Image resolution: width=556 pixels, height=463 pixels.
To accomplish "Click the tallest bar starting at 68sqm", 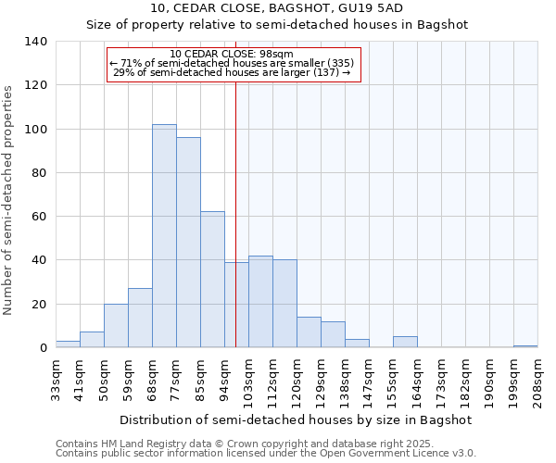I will point(164,236).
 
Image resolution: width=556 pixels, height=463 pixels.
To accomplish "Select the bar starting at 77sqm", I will point(188,243).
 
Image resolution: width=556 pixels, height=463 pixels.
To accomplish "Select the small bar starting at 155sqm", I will point(405,342).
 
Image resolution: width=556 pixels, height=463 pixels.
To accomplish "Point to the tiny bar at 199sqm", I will point(525,346).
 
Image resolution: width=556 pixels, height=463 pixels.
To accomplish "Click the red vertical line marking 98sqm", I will point(236,213).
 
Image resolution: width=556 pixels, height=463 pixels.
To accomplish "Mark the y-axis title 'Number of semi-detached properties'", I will point(8,199).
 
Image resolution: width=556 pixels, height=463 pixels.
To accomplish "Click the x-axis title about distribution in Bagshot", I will point(296,419).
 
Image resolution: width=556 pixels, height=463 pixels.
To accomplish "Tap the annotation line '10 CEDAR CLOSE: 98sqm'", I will point(232,54).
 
